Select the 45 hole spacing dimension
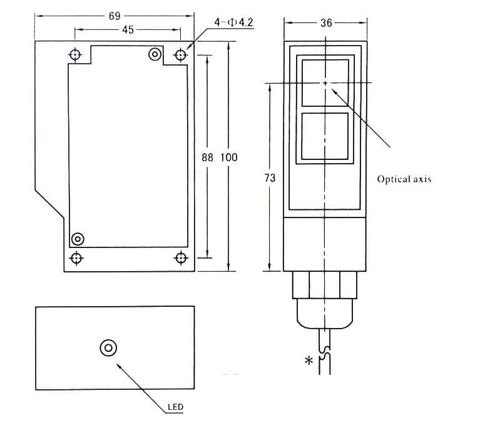tap(128, 29)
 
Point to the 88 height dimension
tap(208, 157)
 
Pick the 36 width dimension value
tap(325, 23)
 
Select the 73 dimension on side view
tap(270, 178)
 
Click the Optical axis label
tap(404, 179)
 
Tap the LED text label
tap(175, 408)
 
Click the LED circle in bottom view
tap(108, 347)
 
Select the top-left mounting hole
tap(76, 55)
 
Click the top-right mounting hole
tap(181, 55)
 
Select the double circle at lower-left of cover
tap(78, 239)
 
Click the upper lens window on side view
tap(325, 82)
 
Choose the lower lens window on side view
tap(325, 136)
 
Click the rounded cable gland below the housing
tap(325, 314)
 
